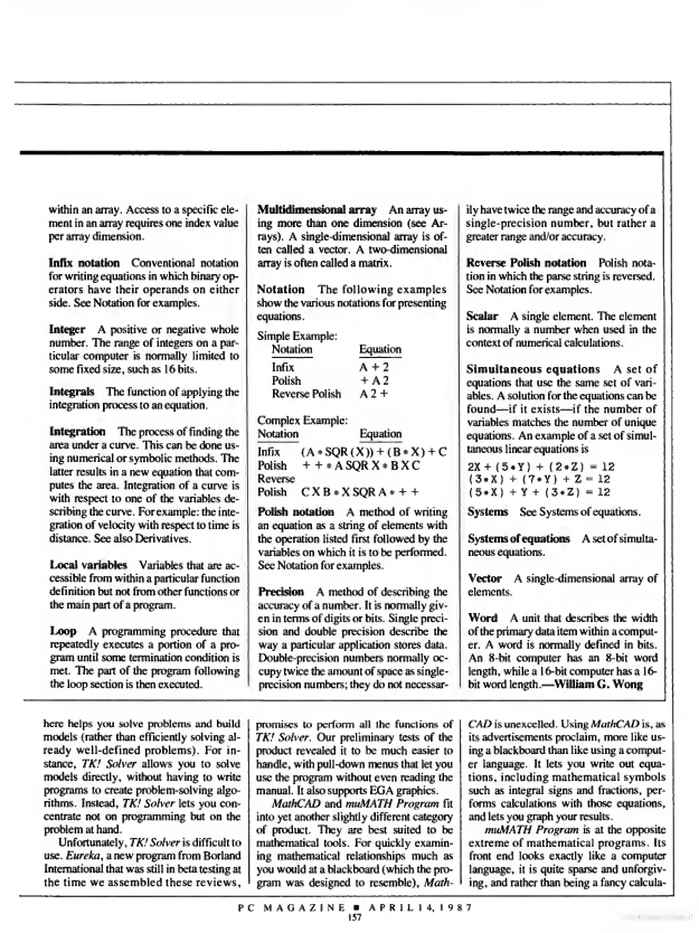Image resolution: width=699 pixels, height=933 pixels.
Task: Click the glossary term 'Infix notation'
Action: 84,263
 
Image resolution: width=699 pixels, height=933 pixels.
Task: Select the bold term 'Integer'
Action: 67,329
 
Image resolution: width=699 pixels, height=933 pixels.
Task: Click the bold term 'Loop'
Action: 63,631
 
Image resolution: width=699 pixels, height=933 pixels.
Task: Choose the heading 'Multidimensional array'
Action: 317,209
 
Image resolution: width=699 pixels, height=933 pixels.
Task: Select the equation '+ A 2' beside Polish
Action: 374,380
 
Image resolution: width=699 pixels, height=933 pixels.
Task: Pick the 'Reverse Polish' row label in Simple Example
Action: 306,394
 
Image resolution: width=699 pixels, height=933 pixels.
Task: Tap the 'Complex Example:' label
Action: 302,420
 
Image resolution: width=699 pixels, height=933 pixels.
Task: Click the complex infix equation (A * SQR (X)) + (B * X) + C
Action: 374,452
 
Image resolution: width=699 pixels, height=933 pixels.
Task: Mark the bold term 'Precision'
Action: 281,591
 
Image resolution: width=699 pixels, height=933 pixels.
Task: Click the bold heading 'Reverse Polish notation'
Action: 526,263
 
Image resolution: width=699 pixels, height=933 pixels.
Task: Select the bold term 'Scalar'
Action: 482,316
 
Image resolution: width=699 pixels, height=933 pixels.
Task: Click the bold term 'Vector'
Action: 485,578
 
